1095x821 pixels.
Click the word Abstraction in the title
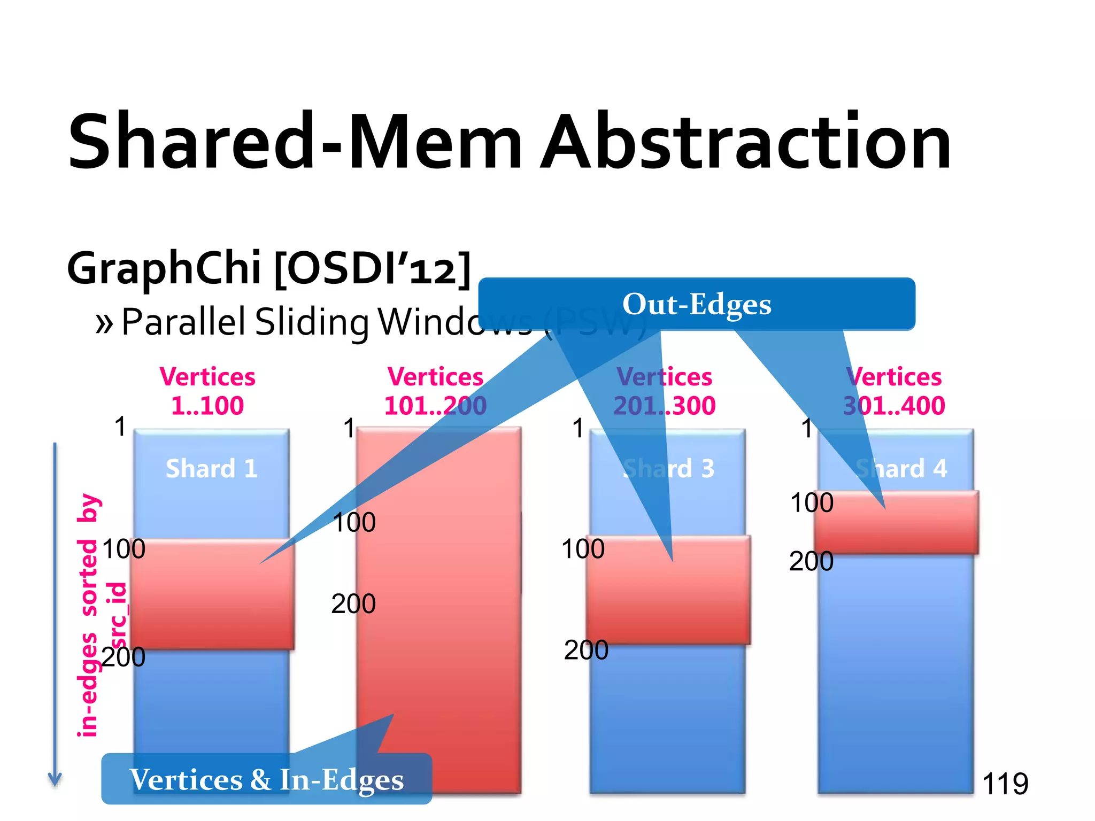coord(746,142)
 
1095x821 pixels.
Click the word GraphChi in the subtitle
coord(164,267)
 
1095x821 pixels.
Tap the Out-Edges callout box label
coord(696,304)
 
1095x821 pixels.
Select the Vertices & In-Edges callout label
coord(266,779)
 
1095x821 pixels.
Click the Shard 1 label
coord(211,468)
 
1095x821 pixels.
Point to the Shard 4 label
coord(901,468)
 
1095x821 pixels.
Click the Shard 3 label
coord(669,468)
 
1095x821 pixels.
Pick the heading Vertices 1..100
coord(207,391)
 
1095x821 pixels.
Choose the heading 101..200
coord(435,405)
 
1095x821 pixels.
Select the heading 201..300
coord(664,405)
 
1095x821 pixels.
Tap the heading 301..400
coord(893,405)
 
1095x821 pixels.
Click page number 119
coord(1005,784)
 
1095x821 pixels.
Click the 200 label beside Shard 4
coord(811,561)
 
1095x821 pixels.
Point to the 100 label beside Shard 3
coord(583,549)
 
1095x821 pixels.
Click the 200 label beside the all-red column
coord(353,604)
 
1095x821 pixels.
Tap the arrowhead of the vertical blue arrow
coord(55,780)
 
